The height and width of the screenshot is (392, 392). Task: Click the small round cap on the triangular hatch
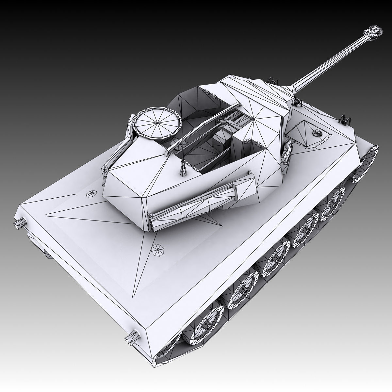pos(316,133)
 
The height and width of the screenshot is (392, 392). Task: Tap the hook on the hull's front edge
pos(346,120)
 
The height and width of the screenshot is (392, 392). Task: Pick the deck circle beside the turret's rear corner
pos(90,194)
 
